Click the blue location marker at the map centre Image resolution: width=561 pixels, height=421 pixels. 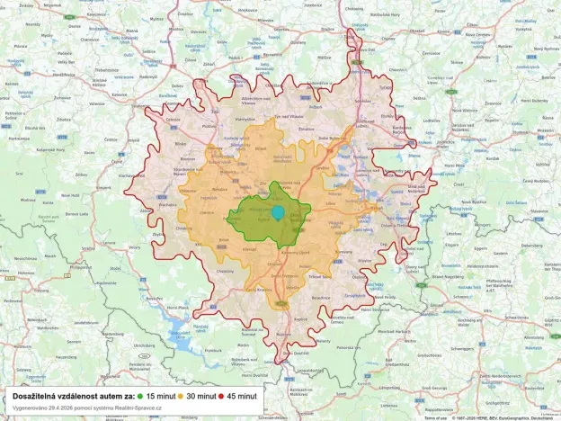(x=279, y=213)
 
